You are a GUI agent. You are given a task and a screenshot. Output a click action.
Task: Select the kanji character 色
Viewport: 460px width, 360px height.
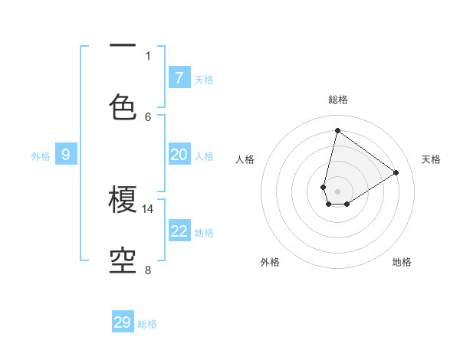click(x=123, y=106)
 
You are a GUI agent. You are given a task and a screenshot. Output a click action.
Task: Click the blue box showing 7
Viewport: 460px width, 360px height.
click(x=179, y=78)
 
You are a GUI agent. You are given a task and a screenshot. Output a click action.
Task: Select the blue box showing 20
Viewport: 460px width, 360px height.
click(x=179, y=155)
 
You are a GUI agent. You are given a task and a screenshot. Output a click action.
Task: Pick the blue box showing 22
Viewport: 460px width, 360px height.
click(x=179, y=231)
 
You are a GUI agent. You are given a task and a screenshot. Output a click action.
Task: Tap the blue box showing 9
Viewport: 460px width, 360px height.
click(x=66, y=155)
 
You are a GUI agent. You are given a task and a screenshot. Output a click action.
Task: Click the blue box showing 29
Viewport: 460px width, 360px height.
click(x=123, y=322)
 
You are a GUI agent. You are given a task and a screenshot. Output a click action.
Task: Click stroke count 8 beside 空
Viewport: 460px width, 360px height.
click(x=148, y=270)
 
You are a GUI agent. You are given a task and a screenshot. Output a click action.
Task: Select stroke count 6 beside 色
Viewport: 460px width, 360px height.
click(x=148, y=116)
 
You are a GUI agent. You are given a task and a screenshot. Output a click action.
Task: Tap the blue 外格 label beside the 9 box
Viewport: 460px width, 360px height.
click(x=41, y=156)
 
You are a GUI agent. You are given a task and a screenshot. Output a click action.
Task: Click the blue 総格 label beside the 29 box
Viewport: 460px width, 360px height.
click(x=147, y=324)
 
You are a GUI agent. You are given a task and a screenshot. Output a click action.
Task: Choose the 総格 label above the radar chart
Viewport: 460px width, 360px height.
click(x=338, y=100)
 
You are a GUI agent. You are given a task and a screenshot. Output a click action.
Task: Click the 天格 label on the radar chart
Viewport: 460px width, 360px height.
click(x=431, y=159)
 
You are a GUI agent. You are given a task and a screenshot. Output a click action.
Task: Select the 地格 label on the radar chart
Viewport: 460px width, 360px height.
click(x=402, y=262)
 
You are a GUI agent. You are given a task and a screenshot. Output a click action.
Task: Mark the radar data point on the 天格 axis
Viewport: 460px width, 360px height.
click(x=396, y=172)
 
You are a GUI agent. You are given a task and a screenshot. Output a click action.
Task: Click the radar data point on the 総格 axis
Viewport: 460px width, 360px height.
click(x=337, y=130)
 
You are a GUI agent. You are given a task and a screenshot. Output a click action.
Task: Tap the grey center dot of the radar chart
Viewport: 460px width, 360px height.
click(x=337, y=191)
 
